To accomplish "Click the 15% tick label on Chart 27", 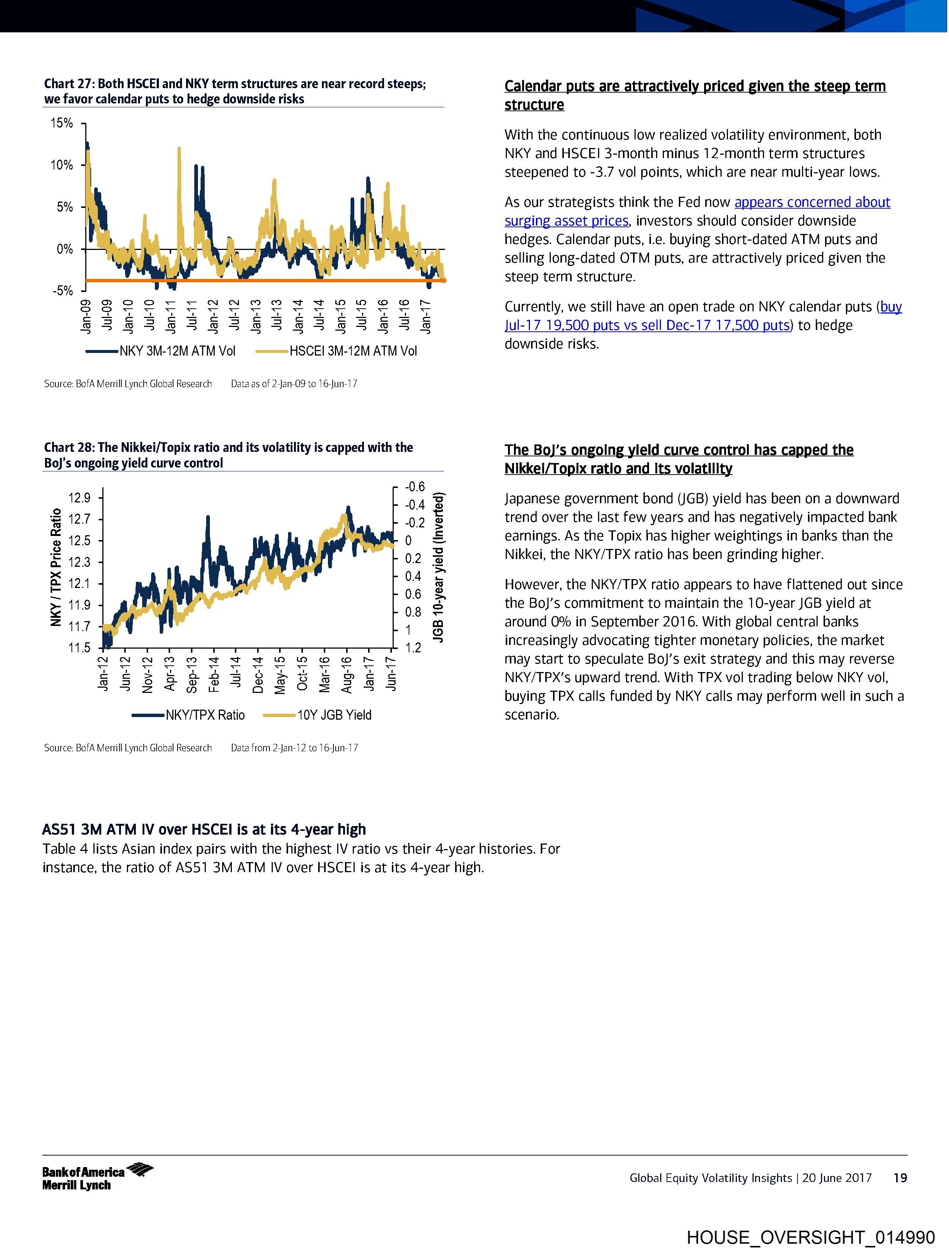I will point(62,123).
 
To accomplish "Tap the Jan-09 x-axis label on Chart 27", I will point(87,317).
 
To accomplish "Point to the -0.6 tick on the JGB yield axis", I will point(415,486).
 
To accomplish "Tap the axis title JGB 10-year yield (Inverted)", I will point(438,567).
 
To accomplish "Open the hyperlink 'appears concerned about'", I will point(812,202).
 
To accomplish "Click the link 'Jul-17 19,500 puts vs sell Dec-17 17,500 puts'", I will point(646,325).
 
